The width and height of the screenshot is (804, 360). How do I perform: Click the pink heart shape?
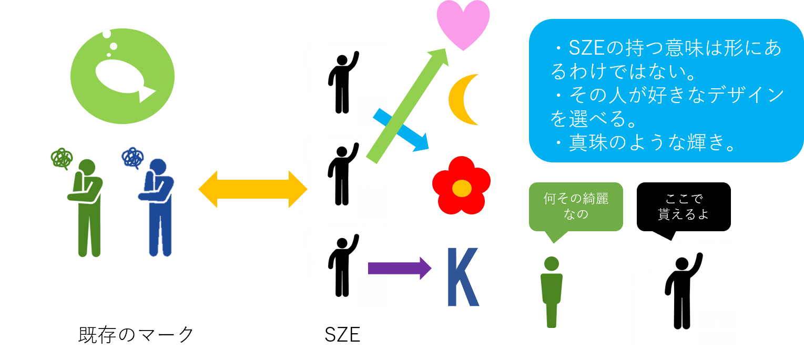(463, 24)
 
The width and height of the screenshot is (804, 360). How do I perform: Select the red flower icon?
(461, 186)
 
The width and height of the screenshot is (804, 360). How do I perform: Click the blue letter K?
(462, 276)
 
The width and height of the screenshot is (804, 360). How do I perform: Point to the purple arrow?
(399, 268)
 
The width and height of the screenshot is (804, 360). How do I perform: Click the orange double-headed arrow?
(252, 189)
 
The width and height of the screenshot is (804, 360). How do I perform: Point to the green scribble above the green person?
(62, 158)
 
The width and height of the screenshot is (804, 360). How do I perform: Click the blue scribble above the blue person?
(133, 157)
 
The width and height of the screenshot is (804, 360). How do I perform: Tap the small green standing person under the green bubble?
(551, 292)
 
